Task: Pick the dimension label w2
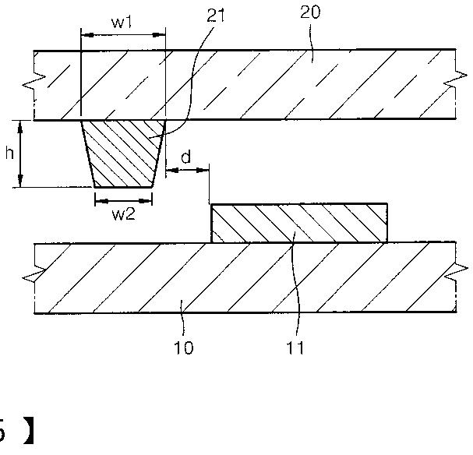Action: (123, 216)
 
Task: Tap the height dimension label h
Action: (9, 153)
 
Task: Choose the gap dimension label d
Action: (185, 157)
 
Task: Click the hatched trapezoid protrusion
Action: (123, 153)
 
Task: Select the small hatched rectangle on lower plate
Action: (299, 224)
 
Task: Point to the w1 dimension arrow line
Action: (123, 35)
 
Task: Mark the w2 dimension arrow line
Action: (123, 199)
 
